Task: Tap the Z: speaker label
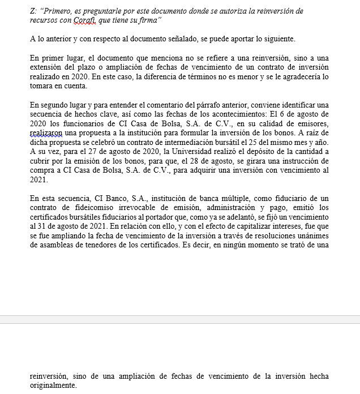(x=33, y=11)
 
